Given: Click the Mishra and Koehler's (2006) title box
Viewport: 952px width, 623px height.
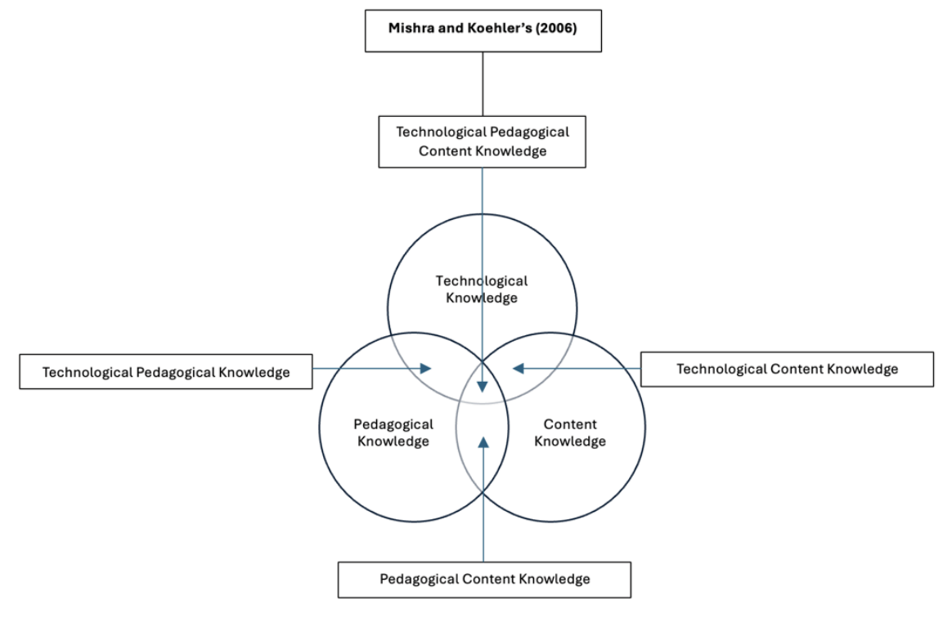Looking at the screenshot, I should click(483, 31).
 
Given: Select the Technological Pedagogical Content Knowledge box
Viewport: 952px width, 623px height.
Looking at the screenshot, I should click(482, 141).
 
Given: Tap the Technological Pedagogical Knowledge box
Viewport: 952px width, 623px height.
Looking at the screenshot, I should click(166, 372).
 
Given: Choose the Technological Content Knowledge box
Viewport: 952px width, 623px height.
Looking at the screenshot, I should click(787, 369).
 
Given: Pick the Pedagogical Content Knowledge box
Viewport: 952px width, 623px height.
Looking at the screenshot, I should click(484, 579).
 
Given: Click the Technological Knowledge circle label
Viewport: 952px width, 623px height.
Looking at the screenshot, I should click(482, 289).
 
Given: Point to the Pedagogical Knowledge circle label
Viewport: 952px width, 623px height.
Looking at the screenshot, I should click(393, 433).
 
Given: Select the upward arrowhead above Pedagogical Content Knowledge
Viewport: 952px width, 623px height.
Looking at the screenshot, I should click(483, 442).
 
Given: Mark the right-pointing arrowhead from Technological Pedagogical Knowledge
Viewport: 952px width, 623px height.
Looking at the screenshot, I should click(425, 369).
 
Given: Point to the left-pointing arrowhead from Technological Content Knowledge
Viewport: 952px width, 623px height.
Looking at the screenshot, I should click(519, 369).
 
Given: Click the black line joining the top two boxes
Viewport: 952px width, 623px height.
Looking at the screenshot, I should click(483, 83).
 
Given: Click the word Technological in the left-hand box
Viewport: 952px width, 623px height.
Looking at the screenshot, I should click(89, 372).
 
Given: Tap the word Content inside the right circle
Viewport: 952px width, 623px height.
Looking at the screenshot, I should click(570, 424).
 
